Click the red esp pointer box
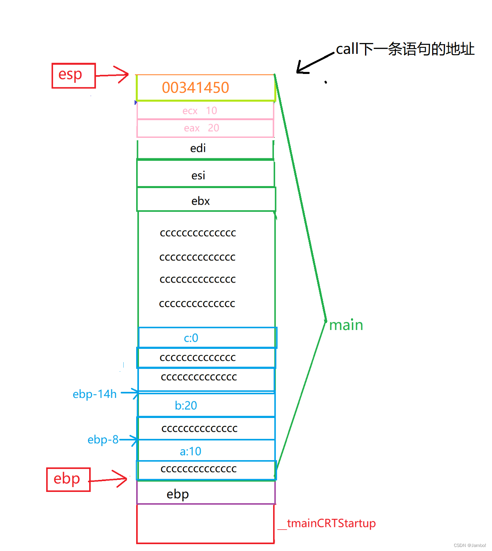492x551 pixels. coord(73,76)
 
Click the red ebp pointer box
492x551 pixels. coord(68,479)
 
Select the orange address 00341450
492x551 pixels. coord(196,88)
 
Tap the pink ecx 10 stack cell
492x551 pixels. coord(205,111)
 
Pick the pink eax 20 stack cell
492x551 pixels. coord(205,128)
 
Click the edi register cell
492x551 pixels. coord(205,149)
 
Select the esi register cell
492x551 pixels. coord(205,175)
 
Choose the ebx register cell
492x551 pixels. coord(205,201)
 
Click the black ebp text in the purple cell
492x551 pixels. coord(178,494)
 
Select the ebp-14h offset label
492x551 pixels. coord(95,394)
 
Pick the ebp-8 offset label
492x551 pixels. coord(103,440)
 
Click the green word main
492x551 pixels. coord(346,325)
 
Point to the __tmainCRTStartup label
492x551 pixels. coord(327,523)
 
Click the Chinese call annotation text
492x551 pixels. coord(405,49)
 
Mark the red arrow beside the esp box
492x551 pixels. coord(112,75)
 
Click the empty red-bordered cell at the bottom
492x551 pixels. coord(205,524)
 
